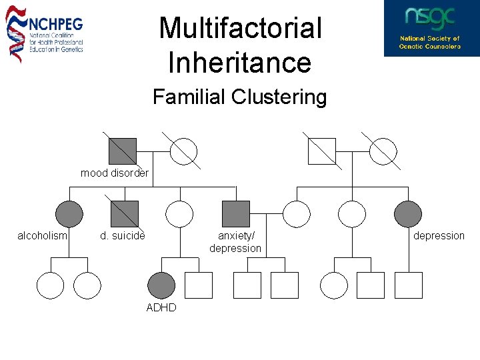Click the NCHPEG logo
[45, 33]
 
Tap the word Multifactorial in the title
[240, 29]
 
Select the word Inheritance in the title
[240, 63]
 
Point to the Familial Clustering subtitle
[239, 97]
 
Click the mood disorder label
[115, 173]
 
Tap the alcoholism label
[42, 236]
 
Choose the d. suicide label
[123, 236]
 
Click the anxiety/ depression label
[236, 242]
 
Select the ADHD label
[161, 307]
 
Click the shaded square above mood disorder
[123, 151]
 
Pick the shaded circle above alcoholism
[69, 214]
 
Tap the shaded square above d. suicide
[125, 214]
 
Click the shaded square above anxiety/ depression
[236, 214]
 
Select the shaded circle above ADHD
[161, 285]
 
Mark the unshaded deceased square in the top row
[321, 151]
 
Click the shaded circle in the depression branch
[408, 214]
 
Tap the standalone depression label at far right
[439, 236]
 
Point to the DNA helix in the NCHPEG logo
[15, 33]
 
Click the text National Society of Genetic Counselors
[430, 43]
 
